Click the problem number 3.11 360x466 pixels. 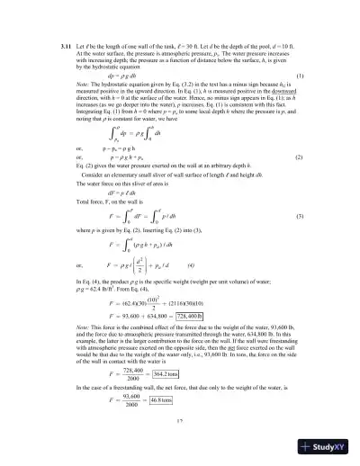click(64, 45)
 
